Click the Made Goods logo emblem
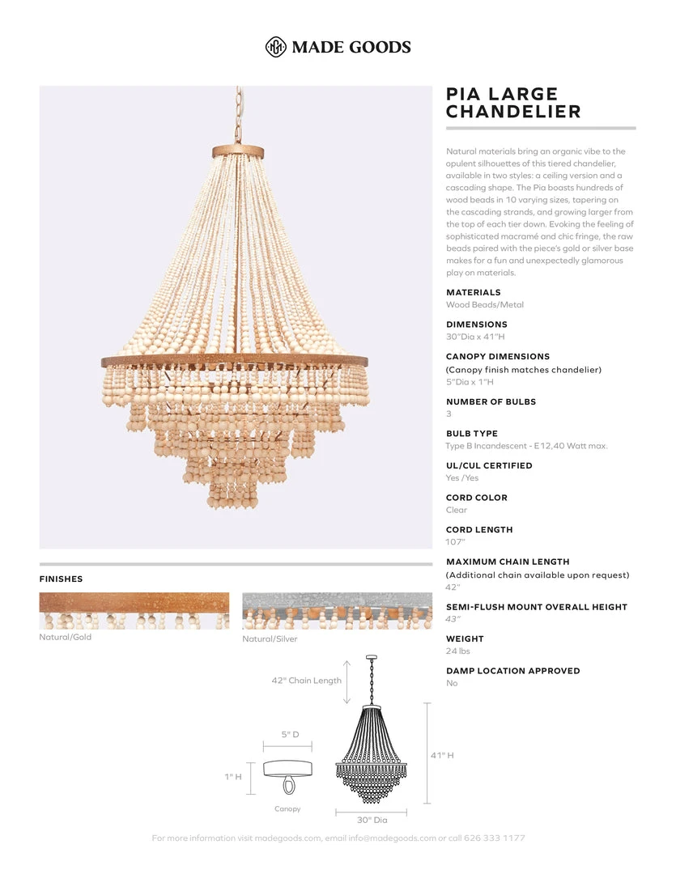point(276,47)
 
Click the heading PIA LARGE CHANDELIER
point(513,103)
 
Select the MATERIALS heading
point(474,292)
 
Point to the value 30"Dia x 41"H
point(475,337)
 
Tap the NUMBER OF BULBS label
point(491,401)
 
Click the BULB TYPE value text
point(526,446)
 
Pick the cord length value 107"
point(456,542)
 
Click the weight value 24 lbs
point(457,651)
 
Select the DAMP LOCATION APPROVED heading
point(512,671)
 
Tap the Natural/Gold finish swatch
point(134,611)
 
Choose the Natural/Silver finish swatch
point(337,611)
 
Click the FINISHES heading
point(61,579)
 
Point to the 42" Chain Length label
point(306,681)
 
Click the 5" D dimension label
point(291,734)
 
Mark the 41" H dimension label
point(442,755)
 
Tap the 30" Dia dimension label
point(372,820)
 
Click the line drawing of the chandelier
point(371,753)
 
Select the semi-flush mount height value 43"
point(453,619)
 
